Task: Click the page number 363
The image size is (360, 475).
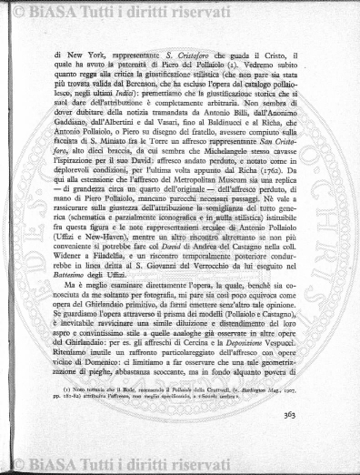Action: point(315,442)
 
